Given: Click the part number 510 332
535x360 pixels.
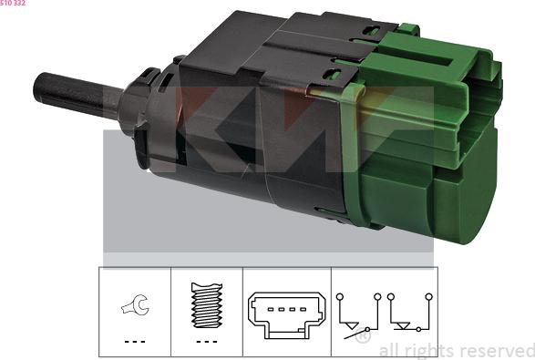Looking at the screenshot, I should click(14, 4).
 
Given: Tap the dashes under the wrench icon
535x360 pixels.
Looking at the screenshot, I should click(133, 341).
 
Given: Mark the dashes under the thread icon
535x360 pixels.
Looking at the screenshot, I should click(206, 341).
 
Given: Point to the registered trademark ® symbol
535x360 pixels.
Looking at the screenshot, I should click(362, 336).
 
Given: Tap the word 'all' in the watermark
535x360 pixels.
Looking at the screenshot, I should click(389, 350).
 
